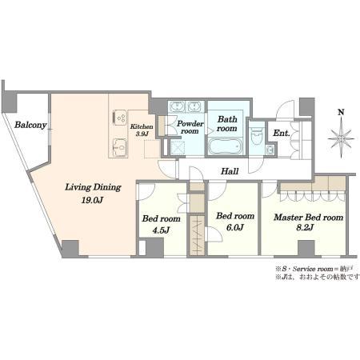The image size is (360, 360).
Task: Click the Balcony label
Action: pos(30,125)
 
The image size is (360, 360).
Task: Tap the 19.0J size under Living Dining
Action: pos(92,200)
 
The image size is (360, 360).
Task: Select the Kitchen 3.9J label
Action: pos(142,130)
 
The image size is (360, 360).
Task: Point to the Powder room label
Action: pos(190,127)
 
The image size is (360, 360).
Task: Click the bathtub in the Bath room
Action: pos(225,146)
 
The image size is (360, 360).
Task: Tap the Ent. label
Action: pos(282,133)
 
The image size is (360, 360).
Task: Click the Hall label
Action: pos(230,171)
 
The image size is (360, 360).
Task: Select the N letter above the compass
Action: pos(341,112)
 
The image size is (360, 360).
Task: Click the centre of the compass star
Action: pos(341,138)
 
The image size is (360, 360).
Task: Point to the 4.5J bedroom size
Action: pos(161,230)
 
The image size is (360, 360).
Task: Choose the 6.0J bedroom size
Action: pos(235,227)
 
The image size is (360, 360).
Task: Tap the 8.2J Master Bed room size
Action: pos(305,227)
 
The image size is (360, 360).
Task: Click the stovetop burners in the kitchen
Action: pos(120,118)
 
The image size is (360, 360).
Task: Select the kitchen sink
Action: pos(119,147)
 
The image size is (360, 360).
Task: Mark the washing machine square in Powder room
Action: pos(178,147)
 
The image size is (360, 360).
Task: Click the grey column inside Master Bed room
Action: pos(306,248)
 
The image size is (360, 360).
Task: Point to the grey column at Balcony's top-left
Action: pos(10,102)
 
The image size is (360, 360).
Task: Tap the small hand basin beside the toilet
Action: pos(270,150)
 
